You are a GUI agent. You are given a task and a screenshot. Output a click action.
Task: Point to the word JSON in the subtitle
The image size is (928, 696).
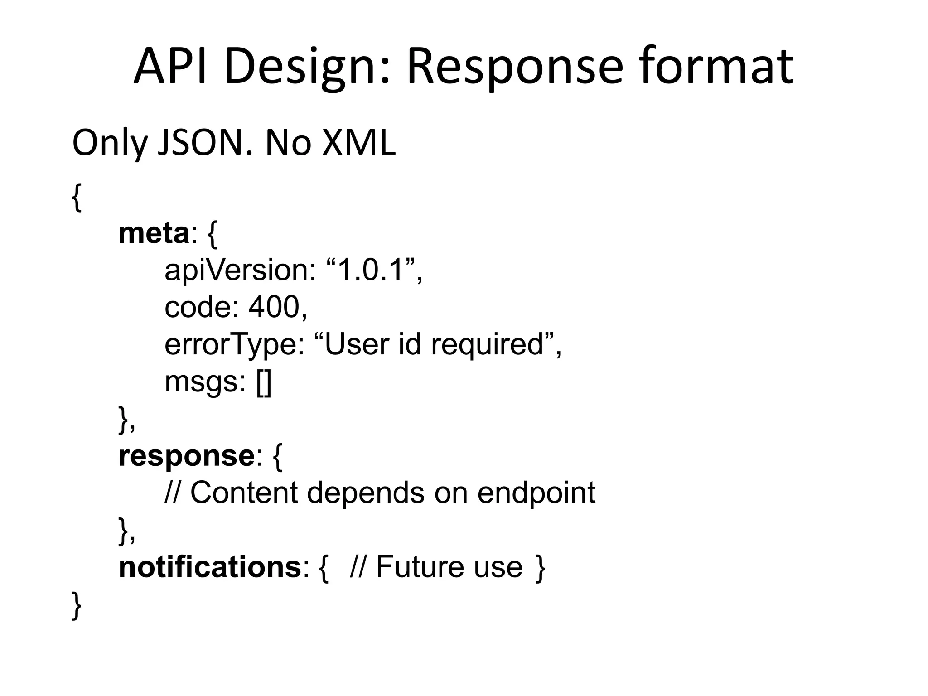[x=203, y=143]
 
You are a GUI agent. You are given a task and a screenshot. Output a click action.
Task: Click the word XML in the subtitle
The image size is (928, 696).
[x=358, y=143]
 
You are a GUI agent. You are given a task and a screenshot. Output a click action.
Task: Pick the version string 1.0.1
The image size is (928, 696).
[x=370, y=271]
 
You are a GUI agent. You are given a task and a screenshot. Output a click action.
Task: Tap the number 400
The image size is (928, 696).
[x=274, y=307]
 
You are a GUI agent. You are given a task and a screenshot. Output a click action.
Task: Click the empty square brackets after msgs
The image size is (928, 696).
[x=264, y=383]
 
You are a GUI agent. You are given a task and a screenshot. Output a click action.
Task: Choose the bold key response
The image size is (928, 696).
[x=186, y=456]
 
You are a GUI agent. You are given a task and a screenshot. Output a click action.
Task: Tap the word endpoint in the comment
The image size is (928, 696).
[x=536, y=493]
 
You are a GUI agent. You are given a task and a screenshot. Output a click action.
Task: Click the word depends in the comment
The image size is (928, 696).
[x=365, y=493]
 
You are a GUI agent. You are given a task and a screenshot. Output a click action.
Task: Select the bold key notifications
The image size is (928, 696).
[x=209, y=567]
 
